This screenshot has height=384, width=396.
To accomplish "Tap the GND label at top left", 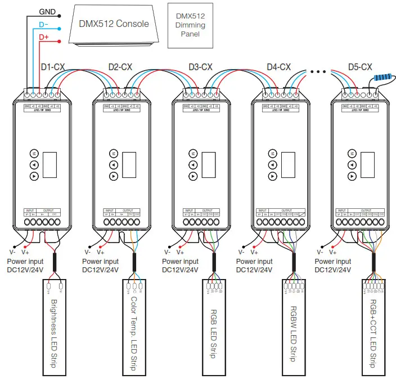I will point(47,11).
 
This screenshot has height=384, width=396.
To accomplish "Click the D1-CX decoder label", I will point(53,67).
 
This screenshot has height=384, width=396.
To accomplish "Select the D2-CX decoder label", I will point(120,67).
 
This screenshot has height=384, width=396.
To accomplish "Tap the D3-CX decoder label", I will point(200,67).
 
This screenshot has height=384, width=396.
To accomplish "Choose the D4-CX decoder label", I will point(278,67).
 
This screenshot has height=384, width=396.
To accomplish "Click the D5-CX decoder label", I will point(360,67).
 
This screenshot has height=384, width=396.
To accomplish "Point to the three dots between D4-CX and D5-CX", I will point(318,72).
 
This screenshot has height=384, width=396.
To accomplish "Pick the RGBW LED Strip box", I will point(294,328).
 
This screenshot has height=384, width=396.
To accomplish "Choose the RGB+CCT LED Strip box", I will point(373,328).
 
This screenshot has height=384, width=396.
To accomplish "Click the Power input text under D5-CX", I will point(332,262).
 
